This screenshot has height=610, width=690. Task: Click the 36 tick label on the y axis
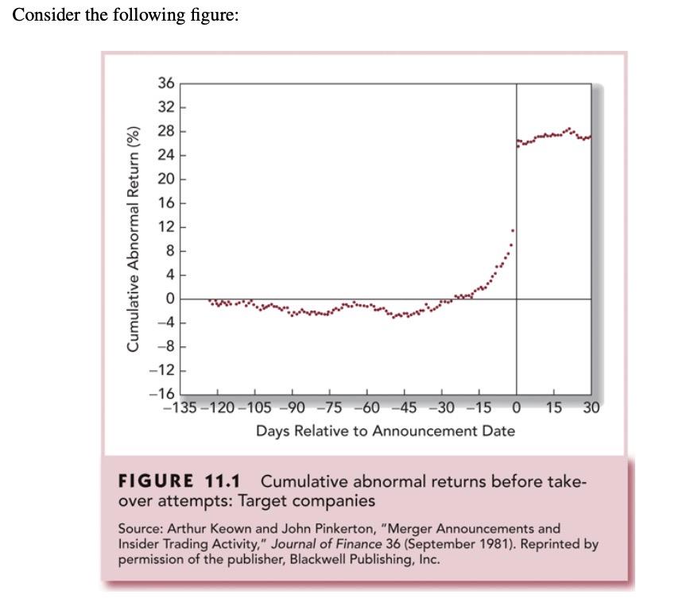[x=165, y=83]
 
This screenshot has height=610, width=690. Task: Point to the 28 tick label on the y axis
[x=165, y=131]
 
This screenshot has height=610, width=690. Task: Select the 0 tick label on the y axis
[x=169, y=299]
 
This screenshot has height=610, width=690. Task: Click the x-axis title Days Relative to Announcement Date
[x=385, y=431]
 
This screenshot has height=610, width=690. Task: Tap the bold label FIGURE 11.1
[x=180, y=482]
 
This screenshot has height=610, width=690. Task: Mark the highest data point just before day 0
[x=513, y=230]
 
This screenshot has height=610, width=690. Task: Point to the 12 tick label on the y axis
[x=165, y=227]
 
